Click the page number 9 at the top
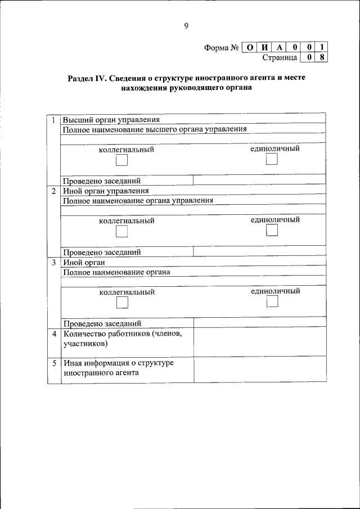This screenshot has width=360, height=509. (186, 25)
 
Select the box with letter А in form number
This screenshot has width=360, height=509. (280, 47)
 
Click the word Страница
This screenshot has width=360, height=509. (280, 57)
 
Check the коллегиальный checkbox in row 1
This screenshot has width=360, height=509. (121, 161)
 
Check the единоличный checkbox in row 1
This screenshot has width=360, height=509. (272, 160)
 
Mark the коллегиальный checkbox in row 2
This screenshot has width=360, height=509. (121, 232)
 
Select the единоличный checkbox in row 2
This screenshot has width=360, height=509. (272, 231)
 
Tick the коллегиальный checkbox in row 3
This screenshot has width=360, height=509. (122, 303)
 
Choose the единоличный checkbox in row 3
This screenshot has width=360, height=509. (272, 302)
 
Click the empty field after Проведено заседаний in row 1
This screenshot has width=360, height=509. (259, 181)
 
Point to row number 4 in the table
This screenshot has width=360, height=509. (54, 334)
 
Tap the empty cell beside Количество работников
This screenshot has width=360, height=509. (259, 342)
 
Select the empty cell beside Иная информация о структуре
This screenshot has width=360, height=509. (259, 370)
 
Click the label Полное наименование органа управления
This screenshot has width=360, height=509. (138, 200)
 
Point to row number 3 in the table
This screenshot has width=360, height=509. (54, 263)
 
